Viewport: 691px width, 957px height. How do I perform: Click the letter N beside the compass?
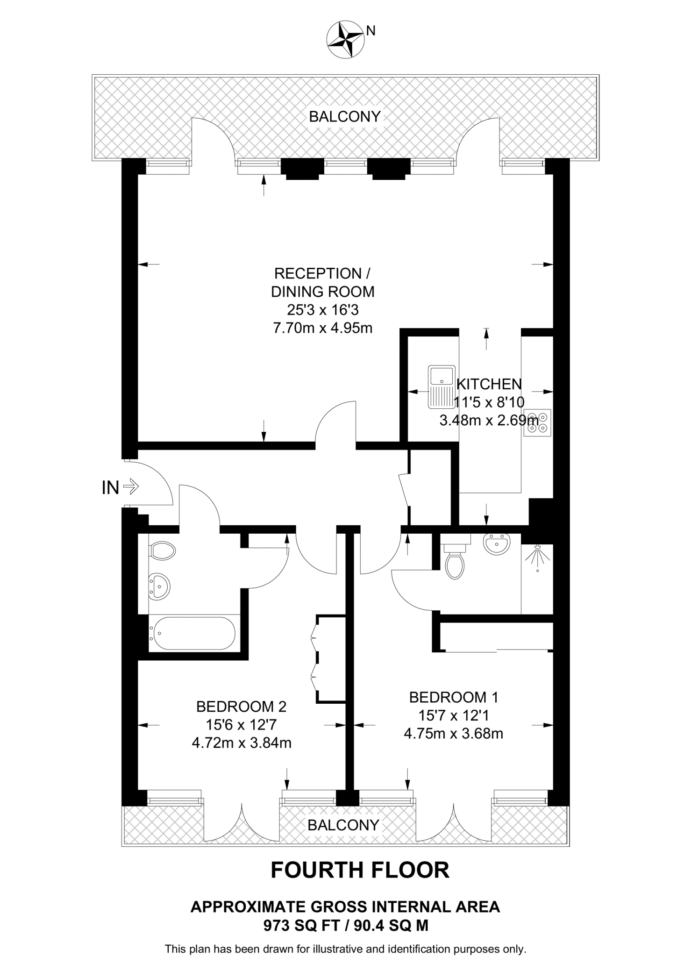point(371,31)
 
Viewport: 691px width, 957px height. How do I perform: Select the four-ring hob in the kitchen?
point(537,423)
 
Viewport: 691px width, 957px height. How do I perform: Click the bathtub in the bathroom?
point(192,633)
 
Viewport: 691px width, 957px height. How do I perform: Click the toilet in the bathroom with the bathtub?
point(162,551)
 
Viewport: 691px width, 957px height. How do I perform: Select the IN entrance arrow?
point(131,487)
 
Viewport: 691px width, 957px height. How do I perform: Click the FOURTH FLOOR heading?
point(360,871)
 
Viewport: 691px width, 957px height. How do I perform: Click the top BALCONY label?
point(345,116)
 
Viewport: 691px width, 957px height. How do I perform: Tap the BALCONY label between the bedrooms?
point(343,825)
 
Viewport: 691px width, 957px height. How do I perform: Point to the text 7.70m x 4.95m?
point(322,328)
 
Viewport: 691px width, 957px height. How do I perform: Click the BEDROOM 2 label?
point(241,707)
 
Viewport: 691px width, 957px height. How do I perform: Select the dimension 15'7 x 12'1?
point(453,715)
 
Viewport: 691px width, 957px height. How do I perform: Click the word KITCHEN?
point(489,384)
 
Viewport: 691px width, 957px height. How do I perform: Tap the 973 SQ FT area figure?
point(302,925)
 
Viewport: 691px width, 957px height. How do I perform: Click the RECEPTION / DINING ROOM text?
point(323,282)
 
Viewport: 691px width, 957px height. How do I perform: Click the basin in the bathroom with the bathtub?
point(159,586)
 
